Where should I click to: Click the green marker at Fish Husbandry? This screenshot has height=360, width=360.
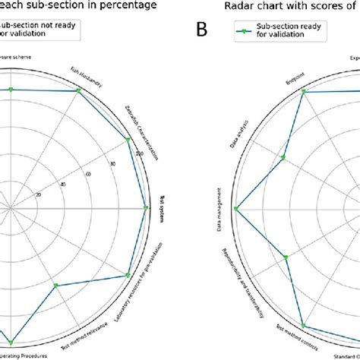(x=79, y=91)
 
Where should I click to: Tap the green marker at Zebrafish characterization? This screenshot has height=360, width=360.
(x=128, y=139)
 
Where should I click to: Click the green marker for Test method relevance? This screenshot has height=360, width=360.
(x=56, y=286)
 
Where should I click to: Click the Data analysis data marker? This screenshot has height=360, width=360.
(x=283, y=158)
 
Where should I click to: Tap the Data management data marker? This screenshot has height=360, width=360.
(x=235, y=208)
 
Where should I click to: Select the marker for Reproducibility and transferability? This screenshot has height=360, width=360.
(x=286, y=257)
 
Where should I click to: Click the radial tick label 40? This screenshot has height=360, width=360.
(x=63, y=184)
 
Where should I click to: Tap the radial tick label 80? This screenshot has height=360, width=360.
(x=113, y=163)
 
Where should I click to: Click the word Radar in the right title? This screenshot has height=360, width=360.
(x=239, y=6)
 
